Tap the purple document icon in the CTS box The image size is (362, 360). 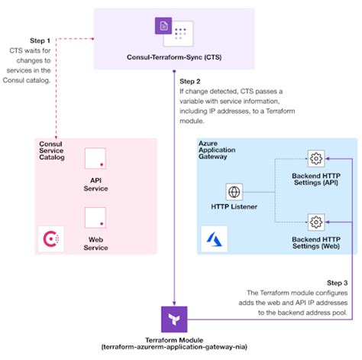pyautogui.click(x=163, y=28)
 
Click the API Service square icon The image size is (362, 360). pyautogui.click(x=95, y=158)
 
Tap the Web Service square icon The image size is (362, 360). pyautogui.click(x=95, y=217)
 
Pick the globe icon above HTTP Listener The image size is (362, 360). pyautogui.click(x=234, y=193)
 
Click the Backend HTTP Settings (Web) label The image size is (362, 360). pyautogui.click(x=316, y=243)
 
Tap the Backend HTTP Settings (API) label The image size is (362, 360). pyautogui.click(x=316, y=180)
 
